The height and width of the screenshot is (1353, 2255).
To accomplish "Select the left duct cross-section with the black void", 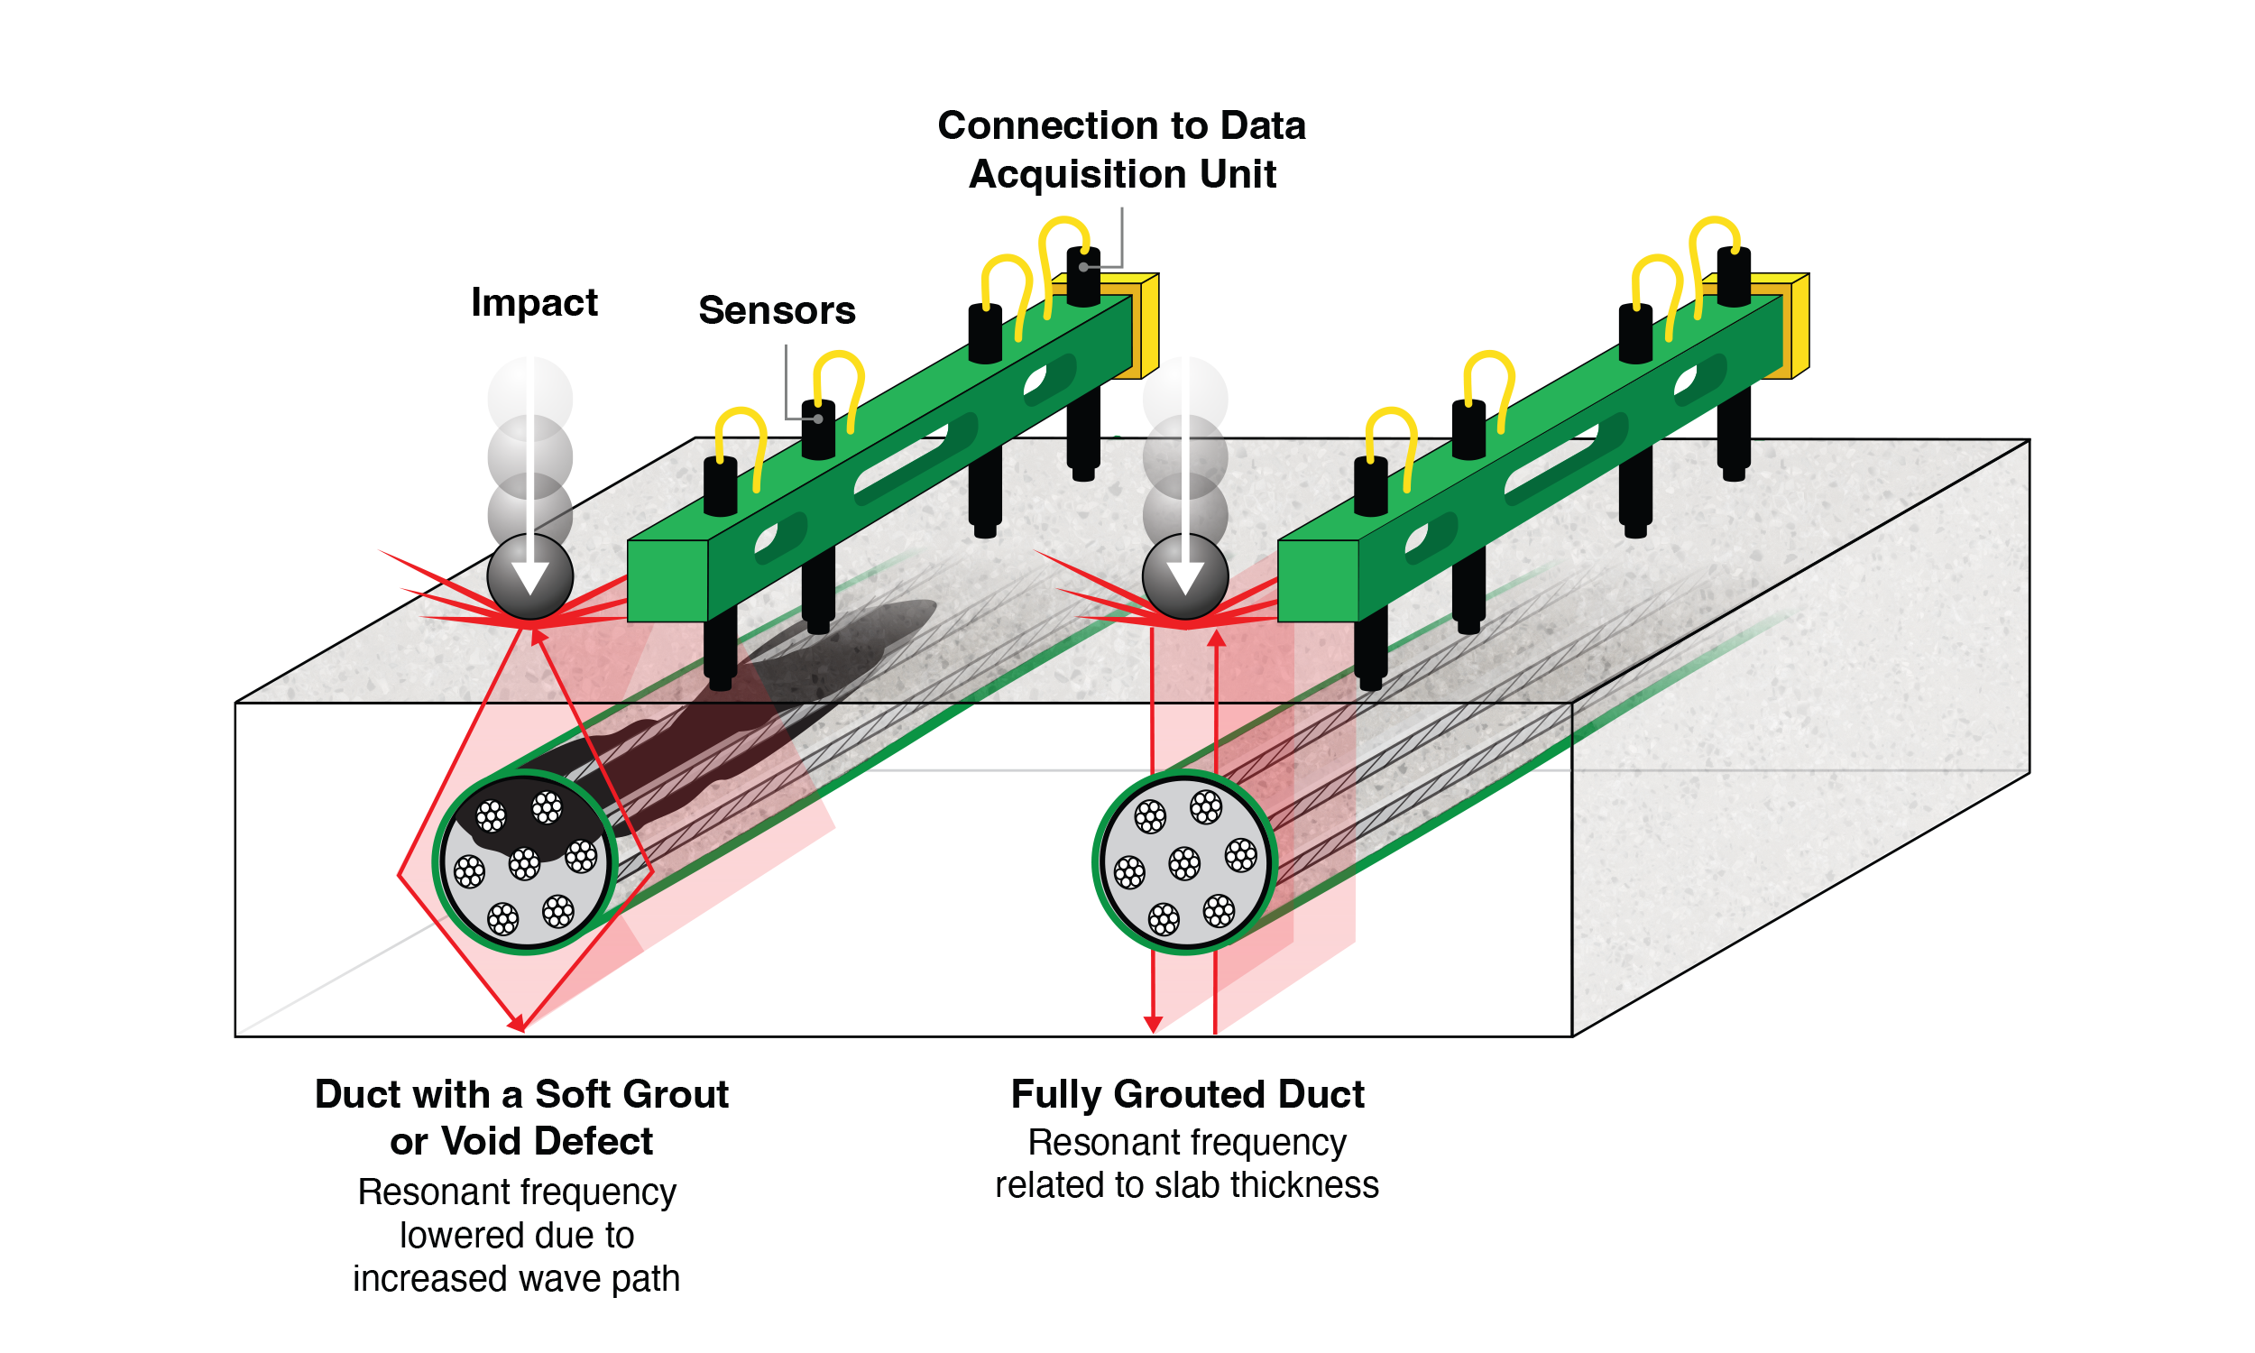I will click(525, 861).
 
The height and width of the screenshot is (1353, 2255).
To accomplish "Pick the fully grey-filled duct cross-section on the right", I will click(1185, 861).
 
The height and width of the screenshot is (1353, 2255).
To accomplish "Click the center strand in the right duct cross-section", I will click(1185, 862).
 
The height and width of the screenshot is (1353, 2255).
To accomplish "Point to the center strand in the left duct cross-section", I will click(524, 862).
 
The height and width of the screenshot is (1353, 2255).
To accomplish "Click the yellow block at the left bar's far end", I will click(1145, 326).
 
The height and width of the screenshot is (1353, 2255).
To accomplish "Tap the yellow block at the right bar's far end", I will click(1796, 326).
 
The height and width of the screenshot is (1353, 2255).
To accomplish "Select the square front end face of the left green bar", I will click(667, 581).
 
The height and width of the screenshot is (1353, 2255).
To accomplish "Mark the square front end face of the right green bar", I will click(1317, 581).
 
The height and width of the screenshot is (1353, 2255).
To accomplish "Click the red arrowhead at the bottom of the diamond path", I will click(518, 1024).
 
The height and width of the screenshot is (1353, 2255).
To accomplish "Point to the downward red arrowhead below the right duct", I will click(1153, 1025).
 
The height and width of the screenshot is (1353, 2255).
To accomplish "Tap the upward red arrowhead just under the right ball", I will click(1216, 638).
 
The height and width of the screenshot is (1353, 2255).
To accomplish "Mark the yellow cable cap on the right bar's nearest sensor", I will click(1395, 422).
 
